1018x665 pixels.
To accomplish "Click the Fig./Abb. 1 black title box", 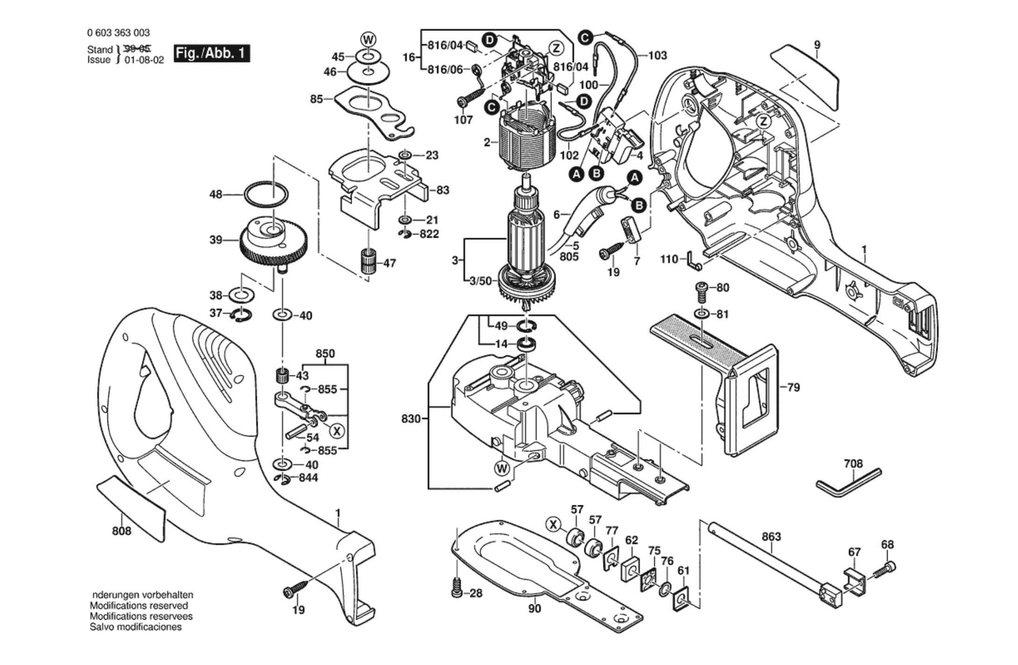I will pyautogui.click(x=212, y=53).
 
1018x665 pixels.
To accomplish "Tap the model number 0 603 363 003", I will pyautogui.click(x=118, y=33).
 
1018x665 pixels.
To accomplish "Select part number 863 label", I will pyautogui.click(x=771, y=537).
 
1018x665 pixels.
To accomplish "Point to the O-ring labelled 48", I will pyautogui.click(x=266, y=194).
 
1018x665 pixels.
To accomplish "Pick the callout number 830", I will pyautogui.click(x=411, y=419).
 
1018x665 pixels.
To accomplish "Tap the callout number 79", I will pyautogui.click(x=793, y=387).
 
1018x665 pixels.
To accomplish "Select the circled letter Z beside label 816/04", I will pyautogui.click(x=556, y=48).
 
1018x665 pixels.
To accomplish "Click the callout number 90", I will pyautogui.click(x=534, y=608).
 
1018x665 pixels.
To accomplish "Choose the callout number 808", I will pyautogui.click(x=121, y=531).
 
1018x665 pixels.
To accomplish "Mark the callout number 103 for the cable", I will pyautogui.click(x=657, y=56).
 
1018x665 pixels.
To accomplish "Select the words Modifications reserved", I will pyautogui.click(x=139, y=606).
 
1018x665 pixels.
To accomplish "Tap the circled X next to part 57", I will pyautogui.click(x=553, y=524).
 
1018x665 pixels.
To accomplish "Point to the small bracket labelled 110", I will pyautogui.click(x=693, y=261).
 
